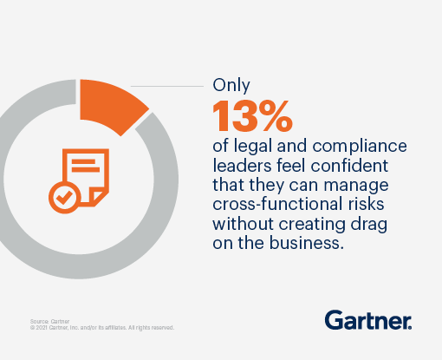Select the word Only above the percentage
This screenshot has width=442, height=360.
[x=230, y=87]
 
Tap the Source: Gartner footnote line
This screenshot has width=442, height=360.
[x=47, y=320]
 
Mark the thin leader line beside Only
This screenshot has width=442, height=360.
[x=165, y=87]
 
